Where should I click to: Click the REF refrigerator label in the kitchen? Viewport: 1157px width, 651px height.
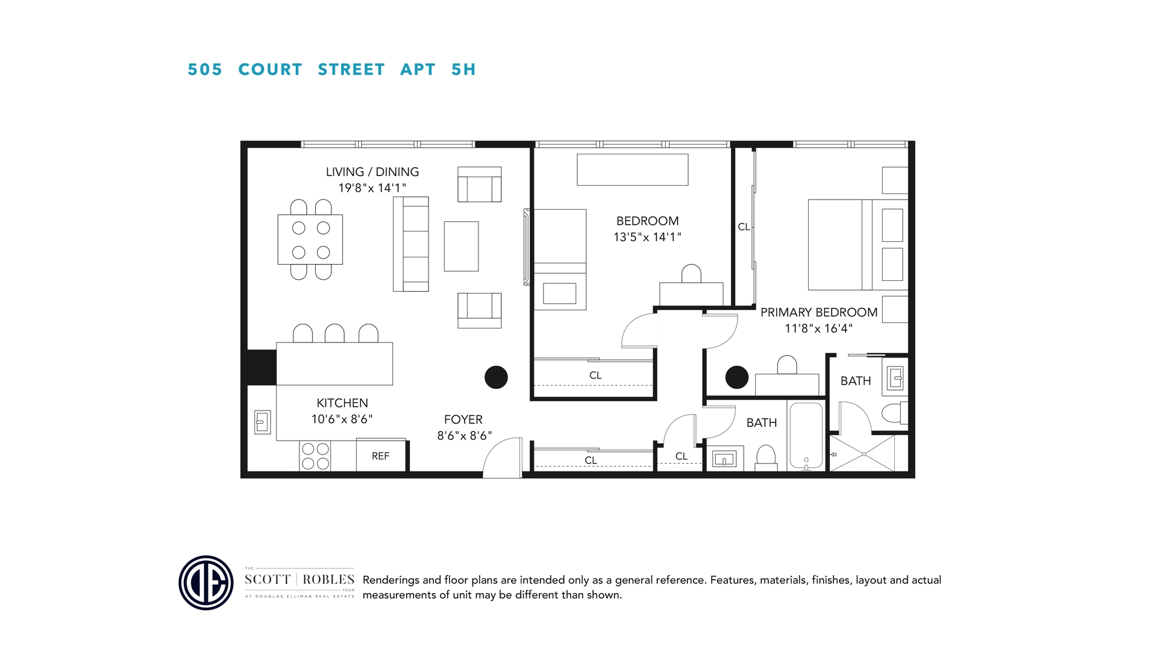click(x=380, y=456)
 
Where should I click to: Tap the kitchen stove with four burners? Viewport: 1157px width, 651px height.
click(x=315, y=456)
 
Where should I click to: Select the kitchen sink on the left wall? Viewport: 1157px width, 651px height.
click(x=262, y=422)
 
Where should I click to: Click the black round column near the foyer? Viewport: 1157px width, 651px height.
click(x=496, y=377)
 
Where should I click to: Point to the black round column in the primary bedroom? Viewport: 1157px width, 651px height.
click(x=736, y=377)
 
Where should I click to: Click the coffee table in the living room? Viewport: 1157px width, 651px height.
click(x=461, y=247)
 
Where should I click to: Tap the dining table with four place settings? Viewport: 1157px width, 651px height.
click(x=310, y=240)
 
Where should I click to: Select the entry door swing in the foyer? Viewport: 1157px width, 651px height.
click(x=503, y=458)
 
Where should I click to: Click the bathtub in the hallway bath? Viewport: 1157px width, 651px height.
click(x=806, y=436)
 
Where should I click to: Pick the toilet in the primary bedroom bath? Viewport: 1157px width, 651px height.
click(x=894, y=414)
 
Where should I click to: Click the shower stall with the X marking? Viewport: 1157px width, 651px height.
click(x=862, y=454)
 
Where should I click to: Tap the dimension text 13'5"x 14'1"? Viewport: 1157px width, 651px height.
click(x=647, y=237)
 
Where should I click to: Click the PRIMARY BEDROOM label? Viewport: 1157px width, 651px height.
click(x=818, y=312)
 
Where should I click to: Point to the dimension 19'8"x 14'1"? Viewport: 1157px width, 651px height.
click(x=372, y=188)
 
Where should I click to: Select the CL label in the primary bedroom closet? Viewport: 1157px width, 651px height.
click(x=744, y=227)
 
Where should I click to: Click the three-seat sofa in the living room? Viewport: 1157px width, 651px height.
click(x=411, y=244)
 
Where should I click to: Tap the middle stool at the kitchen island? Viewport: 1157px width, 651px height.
click(x=334, y=333)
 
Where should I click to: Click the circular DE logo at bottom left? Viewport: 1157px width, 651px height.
click(x=206, y=583)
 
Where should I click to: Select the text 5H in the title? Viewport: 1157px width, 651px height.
click(x=463, y=70)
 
